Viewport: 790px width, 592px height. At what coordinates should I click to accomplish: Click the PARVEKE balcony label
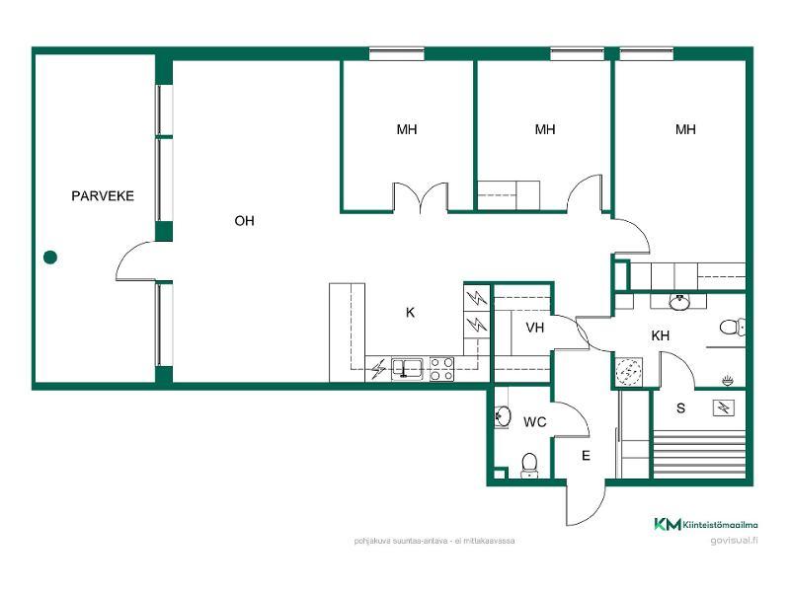click(103, 195)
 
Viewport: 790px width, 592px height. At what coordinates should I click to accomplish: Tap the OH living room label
click(244, 220)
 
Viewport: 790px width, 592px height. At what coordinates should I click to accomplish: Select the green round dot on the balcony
click(50, 258)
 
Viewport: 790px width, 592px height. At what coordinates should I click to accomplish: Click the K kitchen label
click(410, 313)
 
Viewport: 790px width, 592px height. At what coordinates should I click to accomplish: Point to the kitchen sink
click(408, 368)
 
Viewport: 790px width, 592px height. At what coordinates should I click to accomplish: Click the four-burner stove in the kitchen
click(441, 368)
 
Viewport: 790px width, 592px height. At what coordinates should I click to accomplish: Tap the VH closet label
click(534, 328)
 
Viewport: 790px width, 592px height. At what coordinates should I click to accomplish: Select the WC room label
click(534, 422)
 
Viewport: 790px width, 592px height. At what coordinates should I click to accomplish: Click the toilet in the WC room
click(529, 465)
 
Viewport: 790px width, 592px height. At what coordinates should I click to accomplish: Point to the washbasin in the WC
click(503, 416)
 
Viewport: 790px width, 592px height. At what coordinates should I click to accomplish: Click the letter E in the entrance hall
click(586, 456)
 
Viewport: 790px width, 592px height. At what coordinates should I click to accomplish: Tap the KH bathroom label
click(660, 335)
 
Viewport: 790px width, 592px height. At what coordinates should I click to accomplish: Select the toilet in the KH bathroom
click(732, 328)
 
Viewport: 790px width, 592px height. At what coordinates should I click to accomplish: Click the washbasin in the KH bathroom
click(679, 302)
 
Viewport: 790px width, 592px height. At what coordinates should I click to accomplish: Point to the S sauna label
click(680, 407)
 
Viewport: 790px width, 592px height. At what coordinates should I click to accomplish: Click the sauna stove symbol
click(724, 407)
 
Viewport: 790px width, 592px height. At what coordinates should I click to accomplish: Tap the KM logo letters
click(668, 524)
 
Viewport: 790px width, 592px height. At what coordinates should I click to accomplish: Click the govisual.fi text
click(734, 541)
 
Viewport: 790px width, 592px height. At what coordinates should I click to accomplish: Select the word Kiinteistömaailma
click(720, 525)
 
